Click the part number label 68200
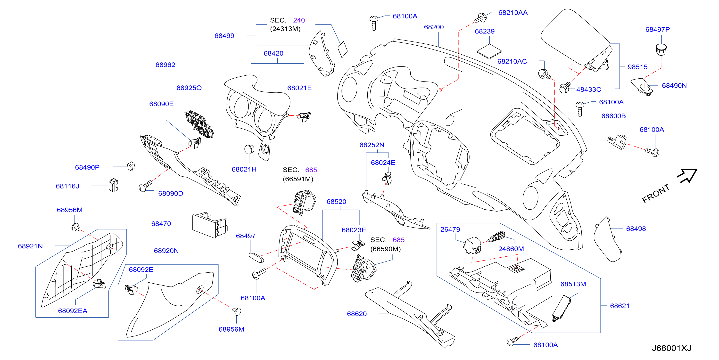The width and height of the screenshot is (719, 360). (434, 27)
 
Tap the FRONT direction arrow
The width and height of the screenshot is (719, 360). (688, 176)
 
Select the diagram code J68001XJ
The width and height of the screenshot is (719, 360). (671, 348)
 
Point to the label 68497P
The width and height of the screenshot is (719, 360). (657, 29)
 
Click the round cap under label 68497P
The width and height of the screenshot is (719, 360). (661, 49)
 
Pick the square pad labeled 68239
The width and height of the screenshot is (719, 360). (489, 51)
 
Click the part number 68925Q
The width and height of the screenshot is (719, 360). (189, 88)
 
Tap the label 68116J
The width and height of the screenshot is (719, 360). (67, 186)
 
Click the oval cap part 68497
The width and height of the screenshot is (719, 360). (256, 258)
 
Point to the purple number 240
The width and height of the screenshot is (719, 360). (299, 20)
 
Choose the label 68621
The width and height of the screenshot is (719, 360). (620, 306)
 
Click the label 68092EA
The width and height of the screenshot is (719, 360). (73, 311)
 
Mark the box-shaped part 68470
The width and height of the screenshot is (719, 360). (210, 225)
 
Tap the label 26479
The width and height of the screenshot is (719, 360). (450, 229)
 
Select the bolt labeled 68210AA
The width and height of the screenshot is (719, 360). (481, 18)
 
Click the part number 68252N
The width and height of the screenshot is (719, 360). (372, 145)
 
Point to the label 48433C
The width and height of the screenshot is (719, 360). (589, 89)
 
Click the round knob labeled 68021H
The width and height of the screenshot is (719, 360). (249, 149)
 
